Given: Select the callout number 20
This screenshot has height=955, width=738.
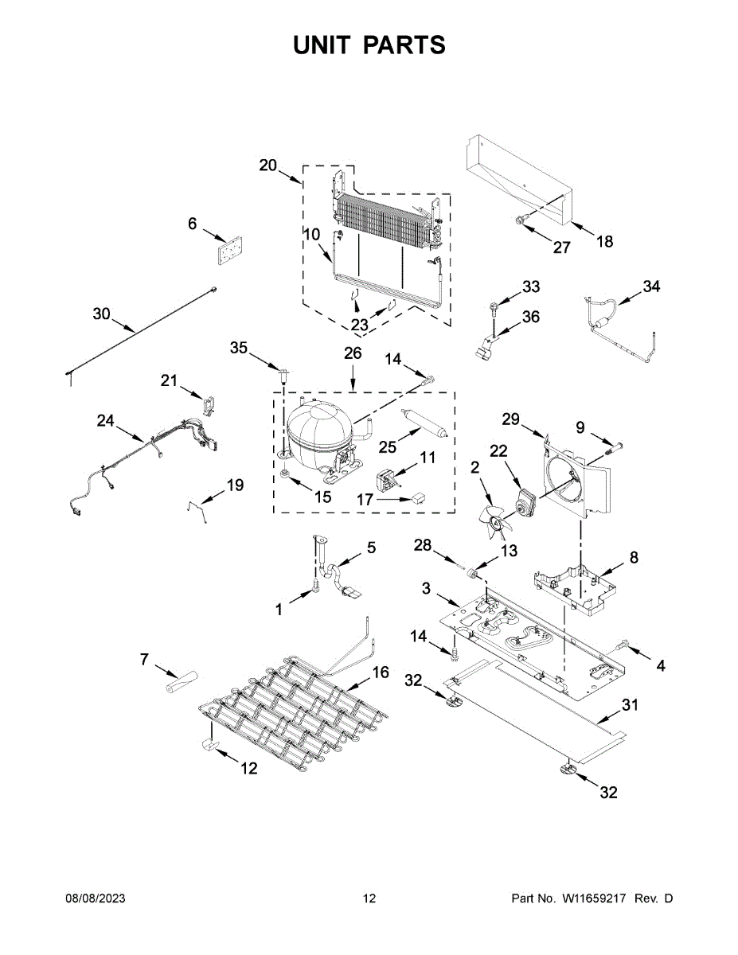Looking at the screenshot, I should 268,166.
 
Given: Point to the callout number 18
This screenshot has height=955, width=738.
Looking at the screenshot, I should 605,241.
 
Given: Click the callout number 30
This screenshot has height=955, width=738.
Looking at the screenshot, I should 101,314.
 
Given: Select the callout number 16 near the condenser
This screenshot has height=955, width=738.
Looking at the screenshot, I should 381,672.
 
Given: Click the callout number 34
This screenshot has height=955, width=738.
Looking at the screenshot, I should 652,286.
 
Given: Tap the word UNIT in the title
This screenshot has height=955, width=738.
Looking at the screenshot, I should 322,45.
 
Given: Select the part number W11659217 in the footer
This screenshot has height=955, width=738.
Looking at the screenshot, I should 596,898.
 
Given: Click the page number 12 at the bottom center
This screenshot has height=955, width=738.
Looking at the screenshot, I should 369,898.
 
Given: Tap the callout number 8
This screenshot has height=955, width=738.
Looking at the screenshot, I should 634,558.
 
